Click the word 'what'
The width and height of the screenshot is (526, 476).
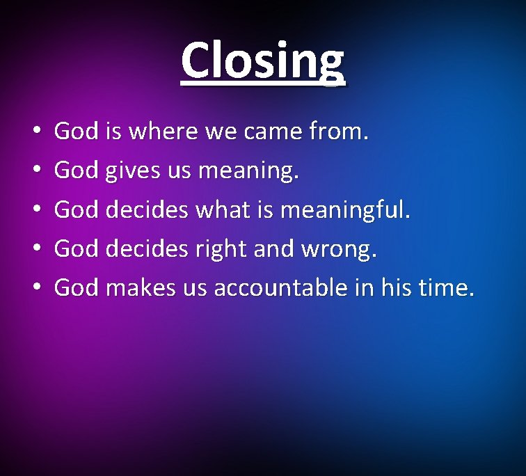click(217, 209)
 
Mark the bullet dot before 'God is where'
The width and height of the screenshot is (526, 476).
click(35, 132)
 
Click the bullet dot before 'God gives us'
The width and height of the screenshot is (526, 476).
click(35, 170)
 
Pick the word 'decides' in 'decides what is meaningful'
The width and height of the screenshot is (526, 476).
click(147, 209)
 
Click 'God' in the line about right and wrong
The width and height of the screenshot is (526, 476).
click(76, 248)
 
